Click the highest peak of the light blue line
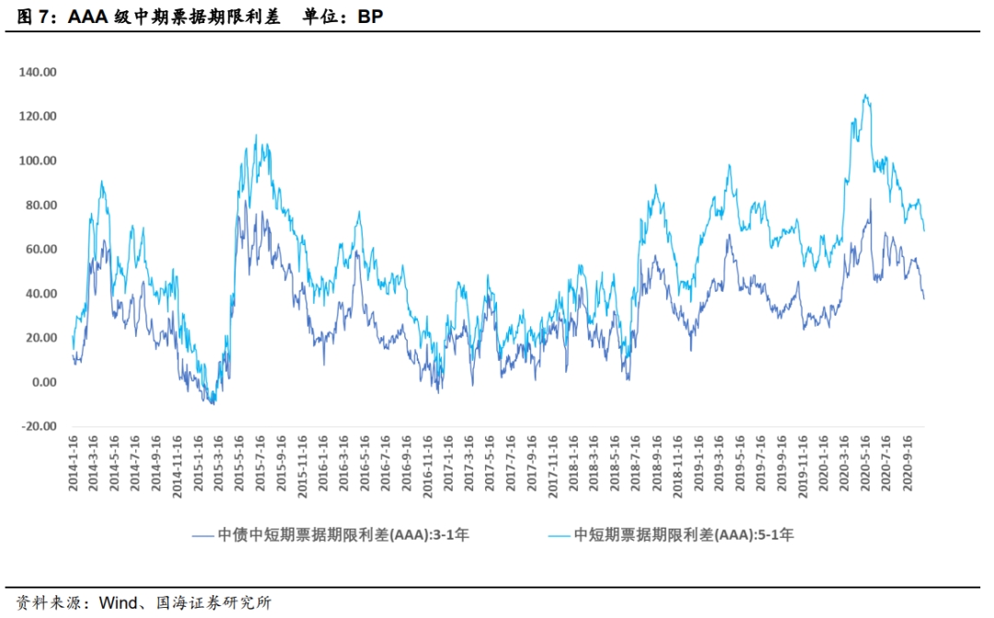click(865, 94)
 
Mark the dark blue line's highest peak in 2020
click(871, 198)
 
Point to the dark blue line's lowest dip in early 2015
click(214, 403)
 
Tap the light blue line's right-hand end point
click(924, 230)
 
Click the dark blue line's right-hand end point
click(924, 297)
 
